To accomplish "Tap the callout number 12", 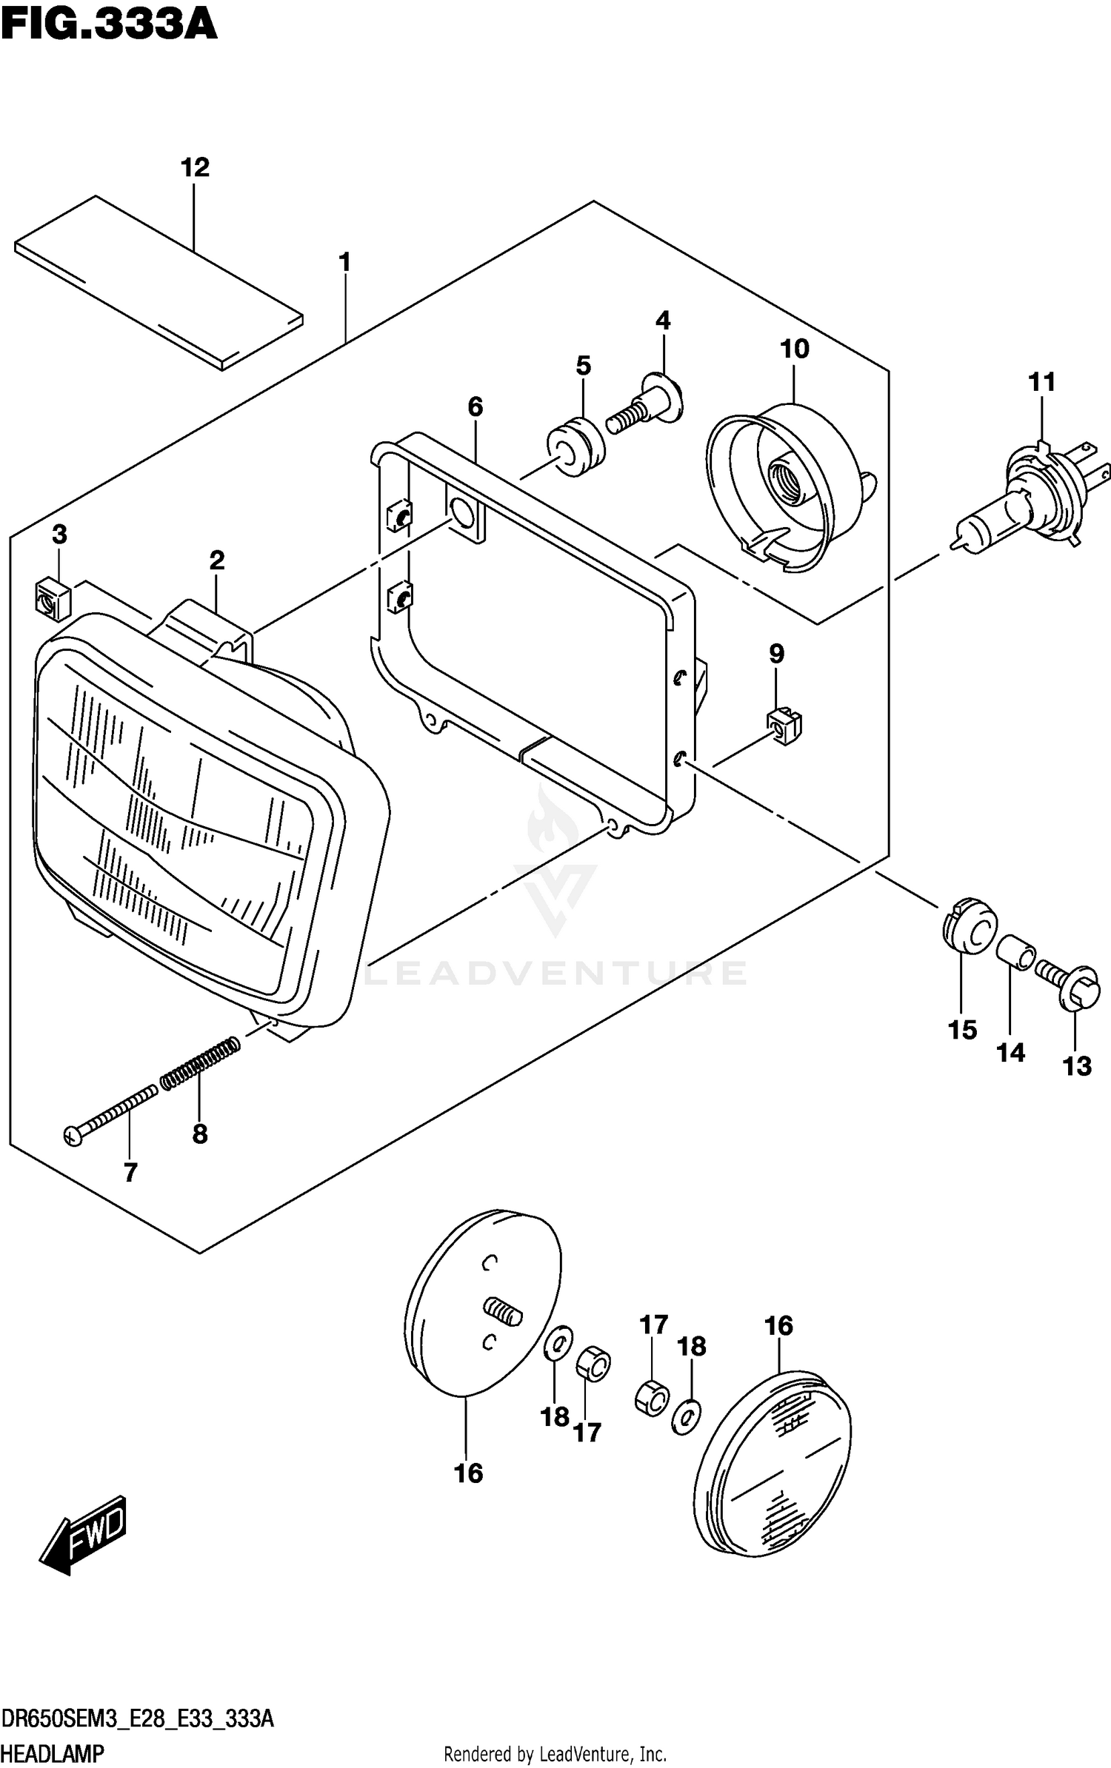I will pyautogui.click(x=195, y=167).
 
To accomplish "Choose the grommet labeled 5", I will pyautogui.click(x=575, y=448).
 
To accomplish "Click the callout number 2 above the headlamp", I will pyautogui.click(x=216, y=560).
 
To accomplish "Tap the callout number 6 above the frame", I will pyautogui.click(x=475, y=406).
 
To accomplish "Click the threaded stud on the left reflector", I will pyautogui.click(x=503, y=1313).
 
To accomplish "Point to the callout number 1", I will pyautogui.click(x=344, y=262).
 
